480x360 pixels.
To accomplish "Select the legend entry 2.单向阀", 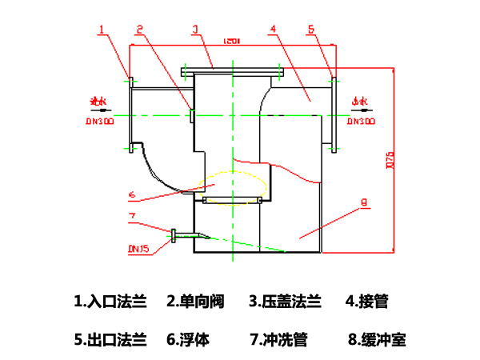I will [195, 302].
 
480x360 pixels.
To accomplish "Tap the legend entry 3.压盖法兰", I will [285, 302].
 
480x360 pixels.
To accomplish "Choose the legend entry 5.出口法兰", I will [110, 339].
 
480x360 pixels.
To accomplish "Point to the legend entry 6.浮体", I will [188, 339].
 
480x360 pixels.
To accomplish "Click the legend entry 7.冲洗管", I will [278, 339].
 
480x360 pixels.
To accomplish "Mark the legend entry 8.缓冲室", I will [377, 339].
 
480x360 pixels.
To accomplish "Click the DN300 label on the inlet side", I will [100, 122].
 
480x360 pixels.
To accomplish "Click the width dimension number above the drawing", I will [233, 40].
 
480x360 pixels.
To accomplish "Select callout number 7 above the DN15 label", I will [133, 217].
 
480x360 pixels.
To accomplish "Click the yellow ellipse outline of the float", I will [233, 174].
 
